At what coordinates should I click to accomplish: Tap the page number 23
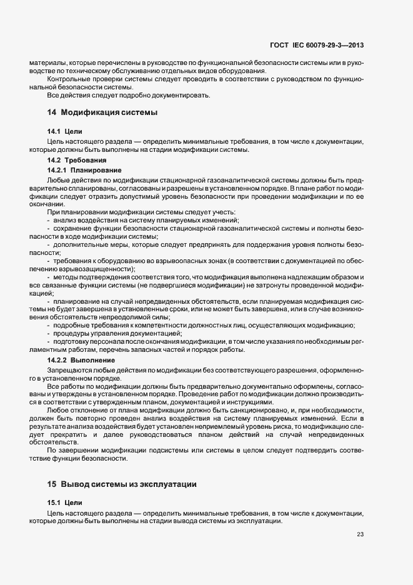pos(360,534)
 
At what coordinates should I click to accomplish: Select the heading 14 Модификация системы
pos(102,113)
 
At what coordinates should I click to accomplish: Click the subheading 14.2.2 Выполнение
pos(81,361)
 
